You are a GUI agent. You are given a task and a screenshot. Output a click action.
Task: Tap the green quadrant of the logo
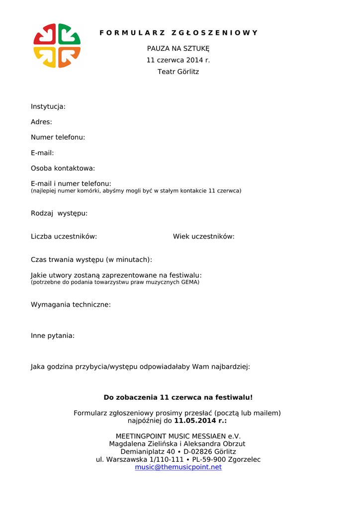click(x=69, y=34)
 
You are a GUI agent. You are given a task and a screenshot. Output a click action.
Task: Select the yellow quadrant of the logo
click(x=45, y=57)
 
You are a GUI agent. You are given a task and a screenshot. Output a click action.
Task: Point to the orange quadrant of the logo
click(x=69, y=57)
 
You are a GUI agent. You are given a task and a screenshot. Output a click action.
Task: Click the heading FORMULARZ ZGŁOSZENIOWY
click(x=179, y=33)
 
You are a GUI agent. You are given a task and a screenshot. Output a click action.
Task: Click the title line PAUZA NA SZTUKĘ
click(x=178, y=49)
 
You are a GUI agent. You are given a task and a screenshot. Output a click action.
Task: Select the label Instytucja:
click(x=48, y=106)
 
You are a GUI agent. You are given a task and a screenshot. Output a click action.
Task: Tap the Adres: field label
click(x=41, y=122)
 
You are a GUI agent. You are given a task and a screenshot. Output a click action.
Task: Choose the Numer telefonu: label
click(x=58, y=137)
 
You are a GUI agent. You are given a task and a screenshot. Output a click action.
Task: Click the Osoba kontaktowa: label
click(x=63, y=169)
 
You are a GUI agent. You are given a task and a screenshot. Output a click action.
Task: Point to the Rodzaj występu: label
click(x=59, y=213)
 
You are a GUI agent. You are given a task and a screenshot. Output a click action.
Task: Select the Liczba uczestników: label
click(x=64, y=237)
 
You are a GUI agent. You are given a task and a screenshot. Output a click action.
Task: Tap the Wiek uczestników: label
click(x=203, y=237)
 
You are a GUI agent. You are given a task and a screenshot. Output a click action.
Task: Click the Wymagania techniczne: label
click(x=71, y=305)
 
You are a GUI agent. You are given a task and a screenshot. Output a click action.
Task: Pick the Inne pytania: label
click(x=53, y=336)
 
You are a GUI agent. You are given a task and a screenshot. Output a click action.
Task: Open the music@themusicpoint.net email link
click(x=178, y=467)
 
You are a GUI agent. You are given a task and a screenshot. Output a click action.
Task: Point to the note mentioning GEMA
click(x=115, y=282)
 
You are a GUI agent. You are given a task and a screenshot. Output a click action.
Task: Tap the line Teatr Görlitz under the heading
click(x=178, y=72)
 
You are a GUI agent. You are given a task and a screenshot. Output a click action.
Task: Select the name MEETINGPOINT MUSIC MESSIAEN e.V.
click(x=178, y=436)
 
